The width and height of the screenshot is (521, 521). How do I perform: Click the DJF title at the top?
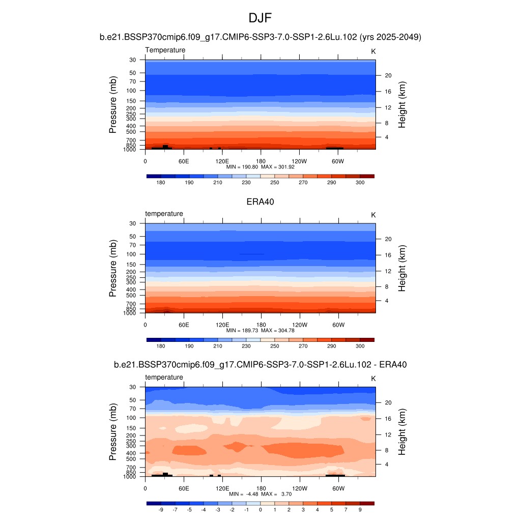click(260, 18)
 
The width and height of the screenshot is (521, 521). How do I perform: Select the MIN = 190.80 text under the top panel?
click(242, 166)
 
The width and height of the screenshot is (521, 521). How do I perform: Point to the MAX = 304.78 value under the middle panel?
click(278, 330)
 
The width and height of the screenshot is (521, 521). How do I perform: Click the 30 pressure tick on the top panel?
click(133, 60)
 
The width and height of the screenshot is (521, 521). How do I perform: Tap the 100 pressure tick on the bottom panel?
click(131, 418)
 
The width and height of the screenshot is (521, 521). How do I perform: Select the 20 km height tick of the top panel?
click(388, 75)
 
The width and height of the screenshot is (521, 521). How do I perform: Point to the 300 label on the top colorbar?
click(360, 182)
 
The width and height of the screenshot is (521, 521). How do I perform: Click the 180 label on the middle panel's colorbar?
click(161, 346)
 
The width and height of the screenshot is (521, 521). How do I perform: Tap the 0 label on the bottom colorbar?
click(260, 509)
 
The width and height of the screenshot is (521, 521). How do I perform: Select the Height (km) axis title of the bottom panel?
click(402, 432)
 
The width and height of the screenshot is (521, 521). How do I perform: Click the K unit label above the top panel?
click(373, 51)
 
